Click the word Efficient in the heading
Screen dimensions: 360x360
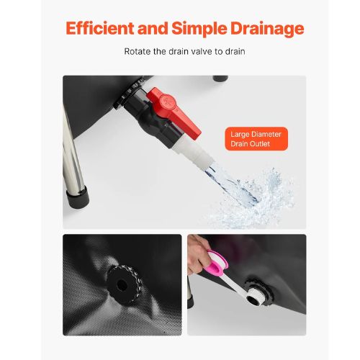click(100, 28)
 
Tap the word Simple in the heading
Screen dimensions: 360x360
click(199, 29)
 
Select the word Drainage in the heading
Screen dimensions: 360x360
click(267, 29)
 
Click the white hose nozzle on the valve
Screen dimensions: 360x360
click(193, 153)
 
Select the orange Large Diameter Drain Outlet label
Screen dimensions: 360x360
click(256, 139)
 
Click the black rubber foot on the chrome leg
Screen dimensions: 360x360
click(78, 197)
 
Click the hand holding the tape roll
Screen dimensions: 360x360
click(197, 254)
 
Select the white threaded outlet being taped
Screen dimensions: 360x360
click(254, 297)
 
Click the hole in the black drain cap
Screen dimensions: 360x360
click(122, 285)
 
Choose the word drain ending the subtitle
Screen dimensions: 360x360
click(235, 51)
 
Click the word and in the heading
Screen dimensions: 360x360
click(153, 28)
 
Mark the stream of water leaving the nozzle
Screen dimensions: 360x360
click(230, 186)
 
